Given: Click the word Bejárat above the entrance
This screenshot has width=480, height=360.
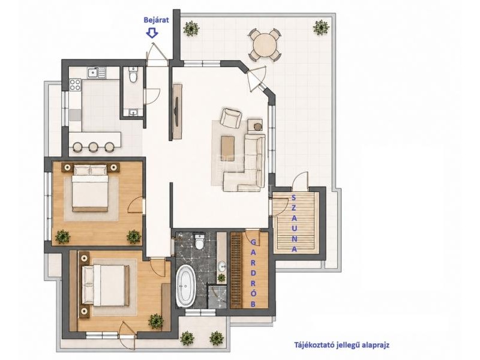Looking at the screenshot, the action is [x=157, y=20].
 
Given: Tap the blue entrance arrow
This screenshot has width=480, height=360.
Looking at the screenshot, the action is [x=152, y=33].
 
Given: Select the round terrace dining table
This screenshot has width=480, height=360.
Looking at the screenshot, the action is [x=265, y=44].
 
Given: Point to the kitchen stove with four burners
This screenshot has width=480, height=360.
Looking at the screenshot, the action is [x=75, y=85].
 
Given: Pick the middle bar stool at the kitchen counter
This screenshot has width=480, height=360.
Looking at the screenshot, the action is [x=93, y=147].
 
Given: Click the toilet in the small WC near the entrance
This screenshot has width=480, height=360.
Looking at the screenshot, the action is [x=133, y=76].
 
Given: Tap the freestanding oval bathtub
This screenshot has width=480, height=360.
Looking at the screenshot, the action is [x=185, y=286].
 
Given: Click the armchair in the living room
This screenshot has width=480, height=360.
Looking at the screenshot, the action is [x=231, y=118].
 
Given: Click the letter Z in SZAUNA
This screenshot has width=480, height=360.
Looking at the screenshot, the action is [x=294, y=207].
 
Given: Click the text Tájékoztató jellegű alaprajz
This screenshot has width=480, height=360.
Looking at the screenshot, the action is [x=342, y=345].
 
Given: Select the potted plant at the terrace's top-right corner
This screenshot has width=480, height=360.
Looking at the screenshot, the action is [x=321, y=28].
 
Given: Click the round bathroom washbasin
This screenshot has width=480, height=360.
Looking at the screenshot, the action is [x=221, y=266].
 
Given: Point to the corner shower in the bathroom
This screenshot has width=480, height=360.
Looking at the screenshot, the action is [x=217, y=296].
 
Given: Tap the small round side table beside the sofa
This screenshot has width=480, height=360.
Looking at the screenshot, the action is [x=259, y=126].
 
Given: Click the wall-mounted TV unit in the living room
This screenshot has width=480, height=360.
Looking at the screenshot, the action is [x=178, y=111].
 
